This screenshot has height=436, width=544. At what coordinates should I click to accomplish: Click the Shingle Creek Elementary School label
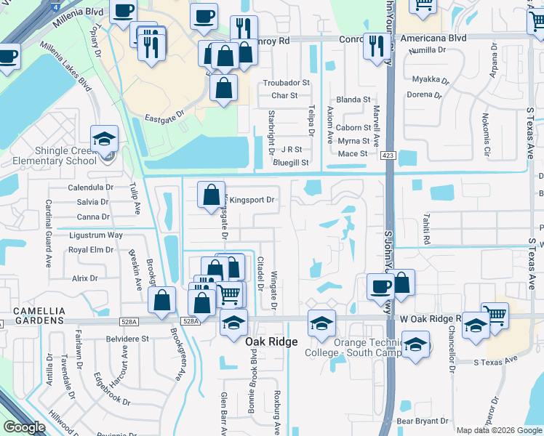pyautogui.click(x=48, y=155)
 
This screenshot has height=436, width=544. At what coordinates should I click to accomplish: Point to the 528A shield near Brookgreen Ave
pyautogui.click(x=189, y=320)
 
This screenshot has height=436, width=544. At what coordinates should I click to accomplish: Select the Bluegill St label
pyautogui.click(x=291, y=163)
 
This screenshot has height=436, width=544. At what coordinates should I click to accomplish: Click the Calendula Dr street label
pyautogui.click(x=87, y=187)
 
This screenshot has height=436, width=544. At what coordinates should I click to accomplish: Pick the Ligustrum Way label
pyautogui.click(x=95, y=235)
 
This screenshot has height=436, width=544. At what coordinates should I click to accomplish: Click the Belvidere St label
pyautogui.click(x=127, y=339)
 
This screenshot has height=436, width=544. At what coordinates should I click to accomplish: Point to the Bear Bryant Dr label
pyautogui.click(x=423, y=421)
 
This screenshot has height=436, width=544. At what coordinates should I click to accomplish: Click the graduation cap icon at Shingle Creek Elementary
pyautogui.click(x=104, y=138)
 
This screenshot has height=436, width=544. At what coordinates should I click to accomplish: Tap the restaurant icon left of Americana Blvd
pyautogui.click(x=375, y=45)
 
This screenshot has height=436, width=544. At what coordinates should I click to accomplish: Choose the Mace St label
pyautogui.click(x=353, y=153)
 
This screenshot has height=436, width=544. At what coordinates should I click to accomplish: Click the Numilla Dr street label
pyautogui.click(x=428, y=49)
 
